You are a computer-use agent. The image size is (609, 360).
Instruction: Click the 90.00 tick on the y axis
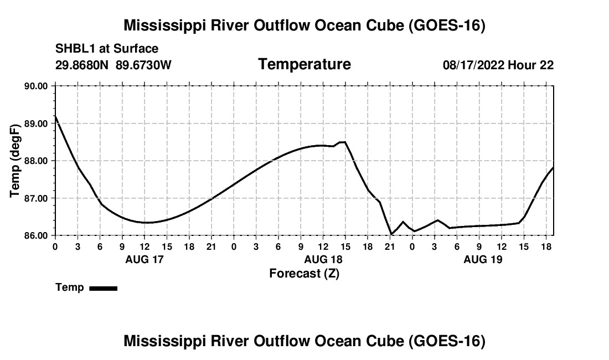coord(36,86)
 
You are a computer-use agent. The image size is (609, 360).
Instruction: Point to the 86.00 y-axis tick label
coord(36,236)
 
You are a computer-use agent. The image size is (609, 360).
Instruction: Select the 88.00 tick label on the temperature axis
coord(36,161)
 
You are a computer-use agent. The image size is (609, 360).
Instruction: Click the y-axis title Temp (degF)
coord(15,161)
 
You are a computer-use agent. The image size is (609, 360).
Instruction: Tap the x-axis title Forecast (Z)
coord(304,274)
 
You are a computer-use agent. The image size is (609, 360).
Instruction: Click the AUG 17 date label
coord(144,259)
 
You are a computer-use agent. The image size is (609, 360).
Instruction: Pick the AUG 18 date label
coord(323,259)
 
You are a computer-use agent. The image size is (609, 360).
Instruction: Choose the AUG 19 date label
coord(483,259)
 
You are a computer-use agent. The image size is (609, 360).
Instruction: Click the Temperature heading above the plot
coord(304,64)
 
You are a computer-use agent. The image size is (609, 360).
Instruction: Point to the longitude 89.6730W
coord(143,65)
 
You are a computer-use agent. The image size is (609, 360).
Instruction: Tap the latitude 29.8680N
coord(82,65)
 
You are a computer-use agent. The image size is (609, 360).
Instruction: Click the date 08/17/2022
coord(473,65)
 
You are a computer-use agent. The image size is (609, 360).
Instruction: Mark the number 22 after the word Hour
coord(546,65)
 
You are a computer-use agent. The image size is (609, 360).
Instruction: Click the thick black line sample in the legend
coord(104,288)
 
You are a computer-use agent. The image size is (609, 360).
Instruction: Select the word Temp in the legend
coord(70,287)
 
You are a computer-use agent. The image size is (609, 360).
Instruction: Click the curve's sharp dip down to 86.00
coord(391,234)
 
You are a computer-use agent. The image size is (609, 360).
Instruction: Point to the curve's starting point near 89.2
coord(55,116)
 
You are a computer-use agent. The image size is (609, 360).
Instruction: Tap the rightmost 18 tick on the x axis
coord(546,246)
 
